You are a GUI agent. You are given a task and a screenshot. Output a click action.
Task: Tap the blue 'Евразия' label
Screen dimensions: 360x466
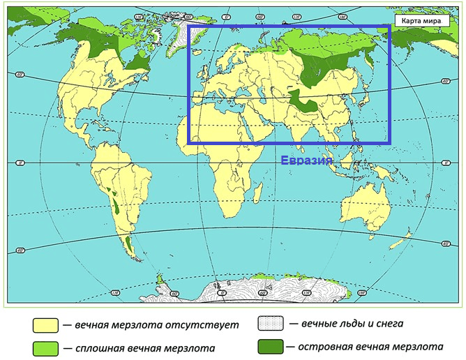click(306, 160)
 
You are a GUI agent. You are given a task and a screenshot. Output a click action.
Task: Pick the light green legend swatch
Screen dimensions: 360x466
click(45, 347)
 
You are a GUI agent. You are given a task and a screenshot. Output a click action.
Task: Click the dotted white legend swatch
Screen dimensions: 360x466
click(270, 324)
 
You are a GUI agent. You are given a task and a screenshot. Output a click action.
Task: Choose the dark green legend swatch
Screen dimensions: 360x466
click(270, 346)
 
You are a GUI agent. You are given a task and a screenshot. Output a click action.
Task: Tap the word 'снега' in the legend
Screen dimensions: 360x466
click(389, 324)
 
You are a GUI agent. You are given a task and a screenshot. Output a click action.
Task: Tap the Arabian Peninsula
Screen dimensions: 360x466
click(269, 126)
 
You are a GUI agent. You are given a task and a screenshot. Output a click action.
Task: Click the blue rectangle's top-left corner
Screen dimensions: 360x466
click(189, 27)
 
